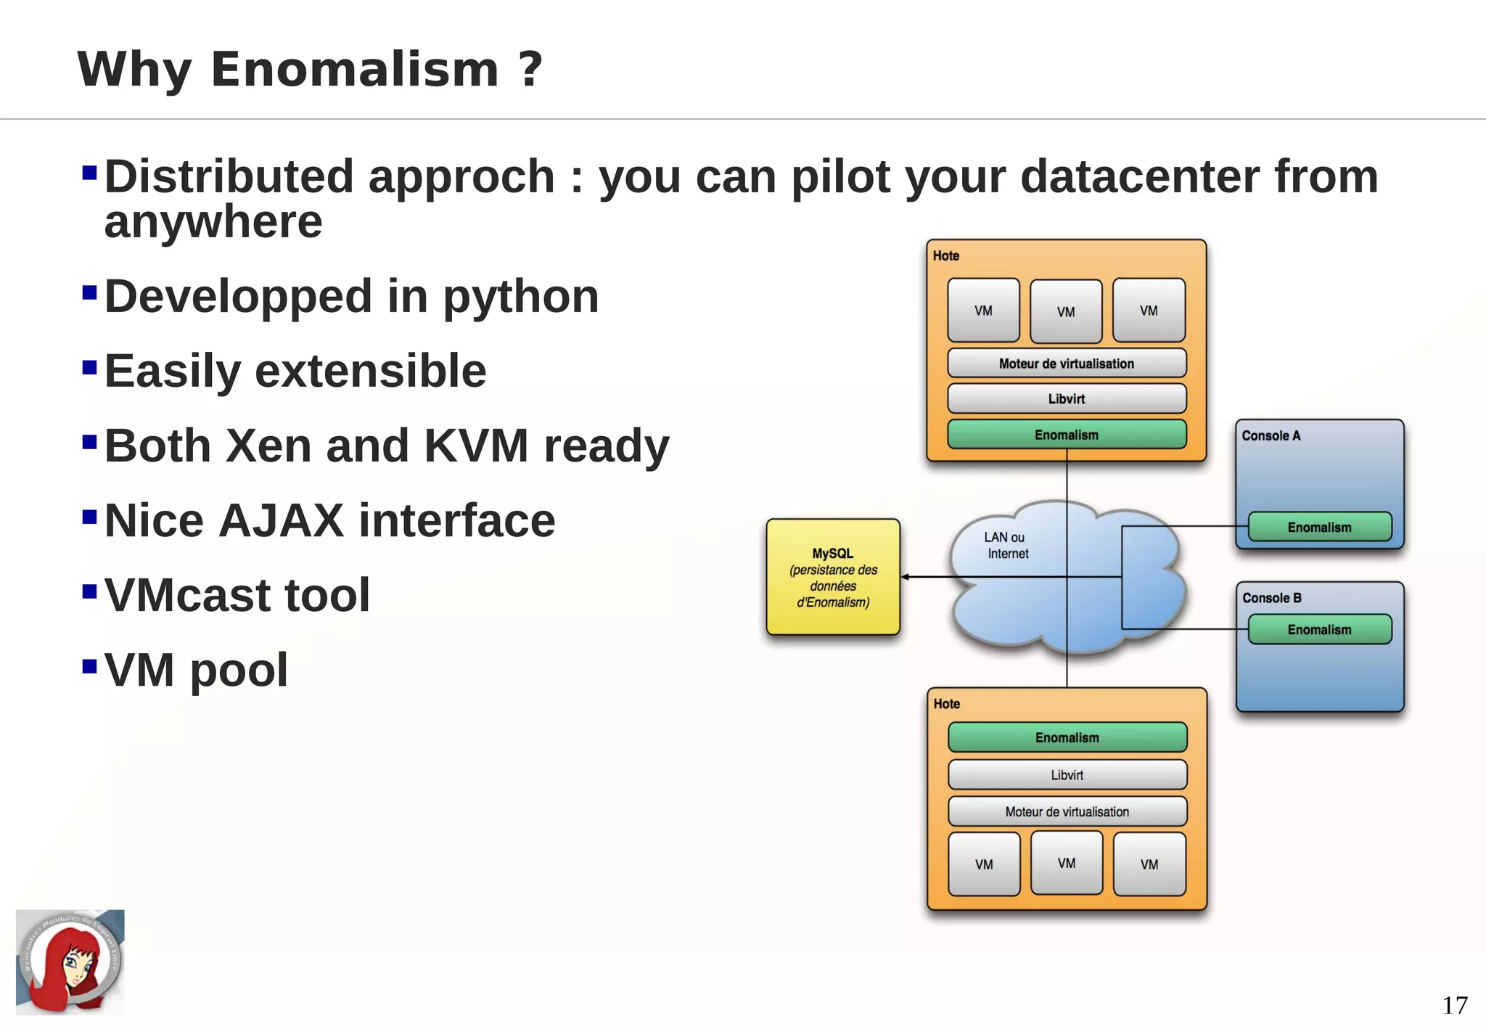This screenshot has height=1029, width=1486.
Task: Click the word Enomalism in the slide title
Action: click(355, 70)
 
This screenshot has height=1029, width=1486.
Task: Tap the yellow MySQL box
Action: click(833, 577)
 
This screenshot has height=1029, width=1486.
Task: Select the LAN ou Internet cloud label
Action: click(1006, 546)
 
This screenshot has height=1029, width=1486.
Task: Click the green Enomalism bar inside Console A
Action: click(1319, 527)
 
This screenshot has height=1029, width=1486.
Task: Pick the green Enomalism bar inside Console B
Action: click(1319, 629)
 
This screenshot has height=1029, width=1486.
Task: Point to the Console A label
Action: click(1271, 435)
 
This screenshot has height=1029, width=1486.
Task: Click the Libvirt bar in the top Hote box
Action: click(1067, 398)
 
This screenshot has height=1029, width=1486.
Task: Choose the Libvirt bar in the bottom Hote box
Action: click(1067, 775)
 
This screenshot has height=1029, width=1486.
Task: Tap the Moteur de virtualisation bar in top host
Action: click(1067, 364)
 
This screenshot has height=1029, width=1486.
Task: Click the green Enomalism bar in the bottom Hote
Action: click(1067, 737)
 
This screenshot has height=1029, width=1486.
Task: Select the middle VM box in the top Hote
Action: click(1066, 311)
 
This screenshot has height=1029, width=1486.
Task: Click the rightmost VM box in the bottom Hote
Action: click(1149, 864)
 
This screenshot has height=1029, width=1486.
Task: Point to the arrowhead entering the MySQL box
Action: click(905, 577)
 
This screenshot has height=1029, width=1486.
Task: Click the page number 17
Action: click(1454, 1005)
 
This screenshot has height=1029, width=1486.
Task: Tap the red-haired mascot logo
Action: click(70, 962)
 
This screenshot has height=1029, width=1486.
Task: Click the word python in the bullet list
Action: click(520, 298)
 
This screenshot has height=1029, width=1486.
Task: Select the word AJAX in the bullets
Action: click(281, 521)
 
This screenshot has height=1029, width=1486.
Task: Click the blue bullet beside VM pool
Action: click(90, 666)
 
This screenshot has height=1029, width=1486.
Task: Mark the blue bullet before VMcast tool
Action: click(90, 591)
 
